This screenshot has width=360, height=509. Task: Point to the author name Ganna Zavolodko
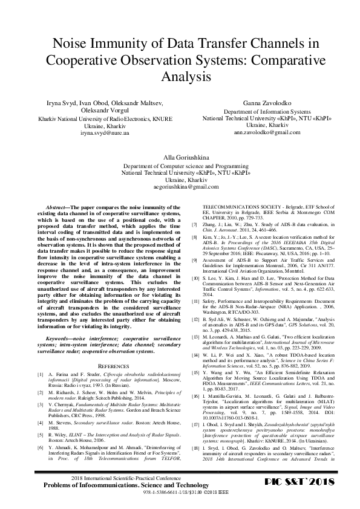pyautogui.click(x=259, y=104)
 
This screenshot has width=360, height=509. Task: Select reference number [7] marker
pyautogui.click(x=194, y=224)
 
